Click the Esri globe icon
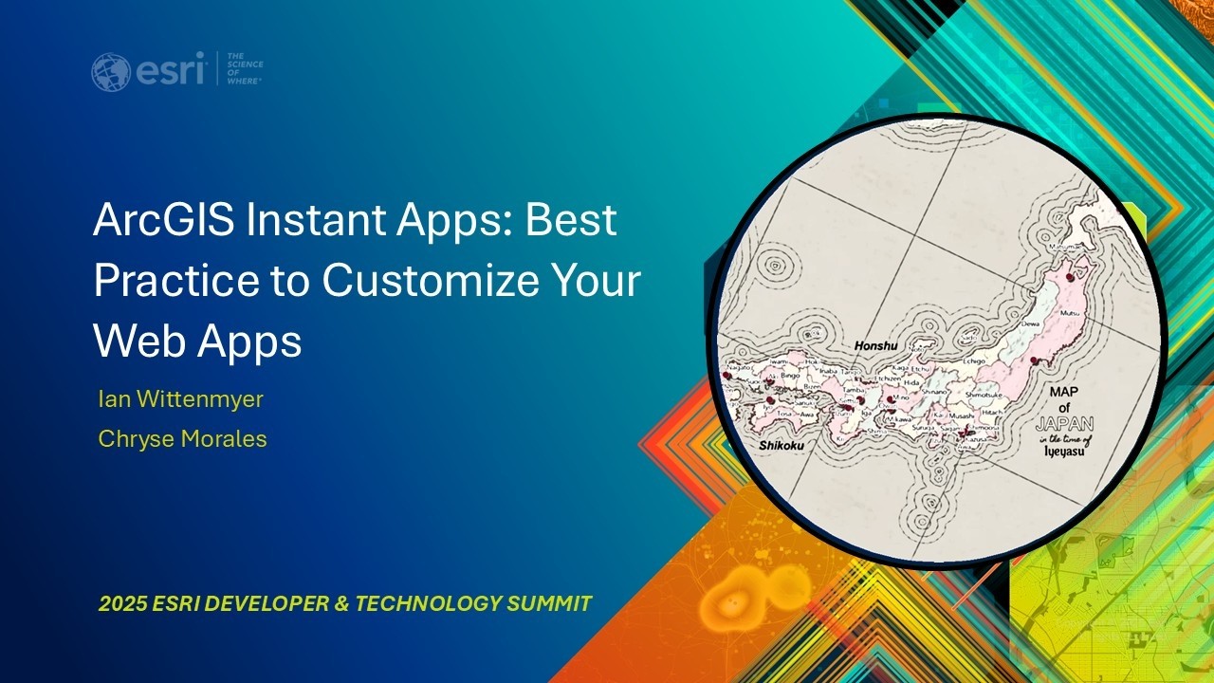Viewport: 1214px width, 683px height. coord(111,72)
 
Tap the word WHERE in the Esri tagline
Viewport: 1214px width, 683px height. coord(244,82)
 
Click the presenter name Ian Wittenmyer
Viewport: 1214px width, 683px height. coord(180,399)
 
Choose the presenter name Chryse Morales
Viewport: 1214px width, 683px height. coord(182,439)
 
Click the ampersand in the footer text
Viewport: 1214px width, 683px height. coord(340,603)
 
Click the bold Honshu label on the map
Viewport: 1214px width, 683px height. coord(875,346)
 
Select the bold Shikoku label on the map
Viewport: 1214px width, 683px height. coord(781,444)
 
